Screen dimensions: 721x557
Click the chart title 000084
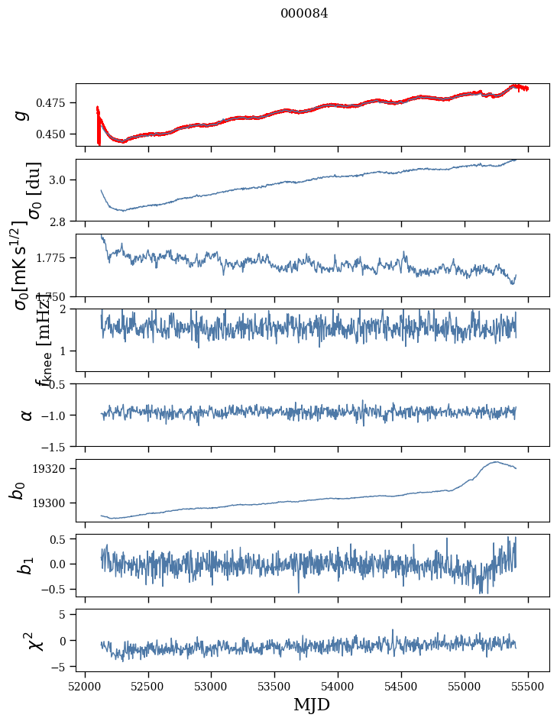[304, 14]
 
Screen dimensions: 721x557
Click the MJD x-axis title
[312, 704]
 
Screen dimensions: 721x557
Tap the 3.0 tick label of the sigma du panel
[62, 180]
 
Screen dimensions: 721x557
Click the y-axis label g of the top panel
[21, 115]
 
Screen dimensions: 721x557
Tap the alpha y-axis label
[26, 415]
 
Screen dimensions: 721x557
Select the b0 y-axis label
[17, 490]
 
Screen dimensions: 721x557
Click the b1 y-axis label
[26, 565]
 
